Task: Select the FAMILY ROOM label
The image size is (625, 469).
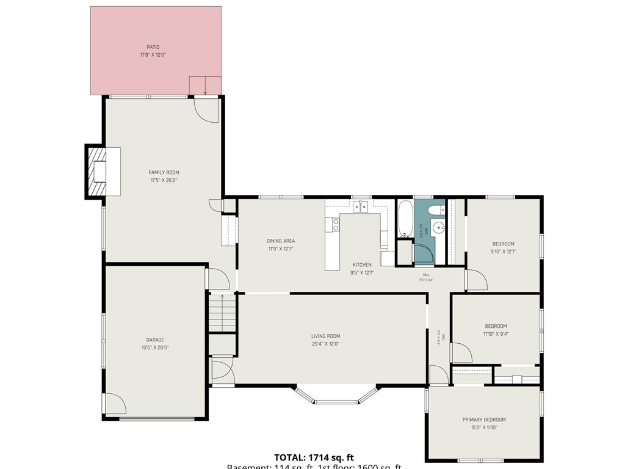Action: click(x=164, y=173)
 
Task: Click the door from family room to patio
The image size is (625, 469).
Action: click(x=206, y=109)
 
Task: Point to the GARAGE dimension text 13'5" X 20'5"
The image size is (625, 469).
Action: click(x=154, y=347)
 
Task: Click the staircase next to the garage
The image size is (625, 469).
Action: click(x=222, y=312)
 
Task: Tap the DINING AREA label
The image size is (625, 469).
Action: click(x=281, y=241)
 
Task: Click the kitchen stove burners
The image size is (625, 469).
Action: click(x=335, y=225)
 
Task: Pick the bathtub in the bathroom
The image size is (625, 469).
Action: click(x=405, y=219)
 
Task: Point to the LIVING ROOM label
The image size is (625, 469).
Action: click(x=325, y=336)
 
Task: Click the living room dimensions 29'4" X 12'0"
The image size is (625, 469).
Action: click(x=325, y=344)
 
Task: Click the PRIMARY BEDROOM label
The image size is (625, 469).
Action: click(x=484, y=420)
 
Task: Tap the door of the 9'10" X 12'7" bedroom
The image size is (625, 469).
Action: click(x=476, y=280)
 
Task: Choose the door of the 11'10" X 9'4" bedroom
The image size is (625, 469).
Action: click(x=460, y=353)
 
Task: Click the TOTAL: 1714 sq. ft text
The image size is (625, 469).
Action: click(x=314, y=457)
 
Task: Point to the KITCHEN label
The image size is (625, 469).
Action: click(x=362, y=265)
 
